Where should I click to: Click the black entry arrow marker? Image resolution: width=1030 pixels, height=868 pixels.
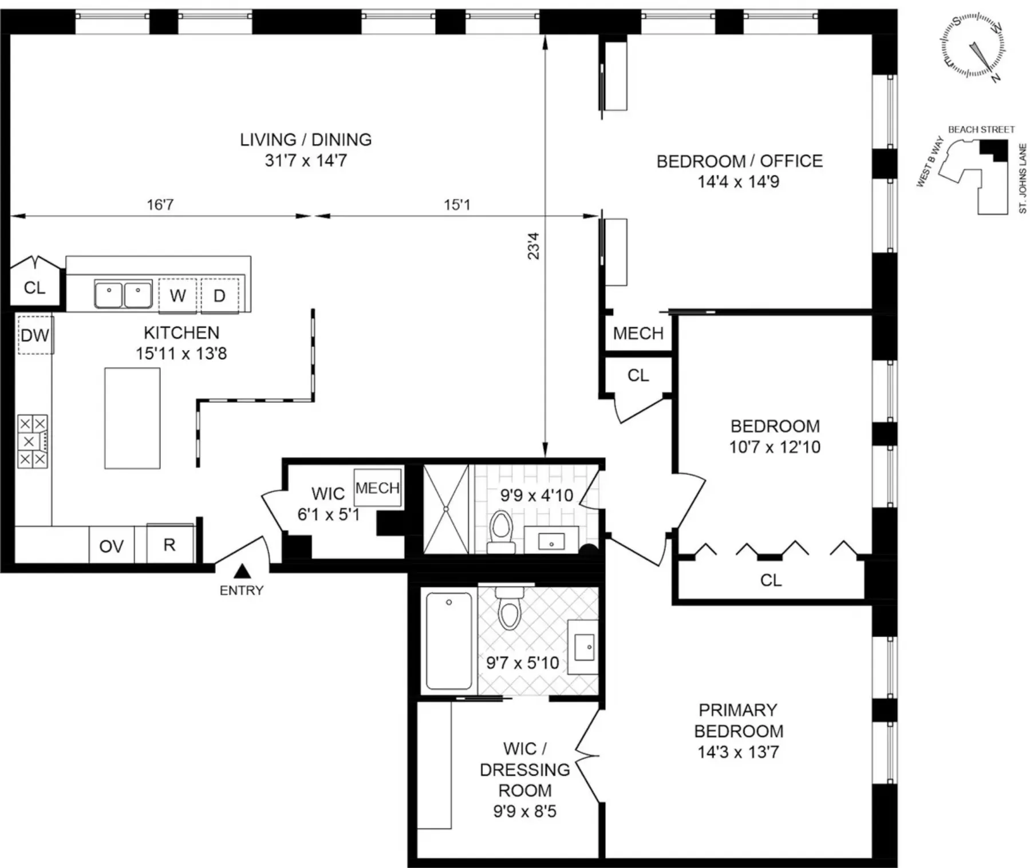[x=242, y=571]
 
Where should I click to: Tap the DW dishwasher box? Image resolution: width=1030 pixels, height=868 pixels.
[x=35, y=335]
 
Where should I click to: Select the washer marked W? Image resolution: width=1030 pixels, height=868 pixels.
[x=177, y=296]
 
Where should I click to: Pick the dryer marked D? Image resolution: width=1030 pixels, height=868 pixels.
[x=219, y=296]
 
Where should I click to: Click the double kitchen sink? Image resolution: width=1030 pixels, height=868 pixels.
[x=123, y=295]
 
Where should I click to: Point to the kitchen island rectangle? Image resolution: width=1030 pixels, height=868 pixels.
[x=132, y=418]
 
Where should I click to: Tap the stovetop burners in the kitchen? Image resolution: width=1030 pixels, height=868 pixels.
[x=32, y=442]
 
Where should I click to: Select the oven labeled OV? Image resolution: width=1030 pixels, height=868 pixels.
[x=111, y=546]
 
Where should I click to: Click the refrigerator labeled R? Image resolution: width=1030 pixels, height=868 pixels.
[x=169, y=544]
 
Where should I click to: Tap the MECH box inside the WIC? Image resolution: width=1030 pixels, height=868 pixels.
[x=377, y=487]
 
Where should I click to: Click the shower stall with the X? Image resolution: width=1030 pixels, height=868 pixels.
[x=445, y=509]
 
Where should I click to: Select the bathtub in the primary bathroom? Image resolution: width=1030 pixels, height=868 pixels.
[x=449, y=641]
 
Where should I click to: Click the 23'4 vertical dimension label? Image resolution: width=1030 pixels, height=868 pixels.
[x=533, y=246]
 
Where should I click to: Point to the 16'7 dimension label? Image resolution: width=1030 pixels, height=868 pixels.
[x=160, y=205]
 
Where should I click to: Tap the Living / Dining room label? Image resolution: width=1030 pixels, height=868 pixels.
[x=306, y=150]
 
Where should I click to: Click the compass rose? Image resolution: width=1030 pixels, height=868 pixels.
[x=973, y=46]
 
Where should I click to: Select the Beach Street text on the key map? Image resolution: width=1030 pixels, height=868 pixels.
[x=981, y=130]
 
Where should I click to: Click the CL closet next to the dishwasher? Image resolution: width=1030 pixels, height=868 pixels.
[x=34, y=287]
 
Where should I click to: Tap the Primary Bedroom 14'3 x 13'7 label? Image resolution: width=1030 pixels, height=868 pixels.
[x=738, y=731]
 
